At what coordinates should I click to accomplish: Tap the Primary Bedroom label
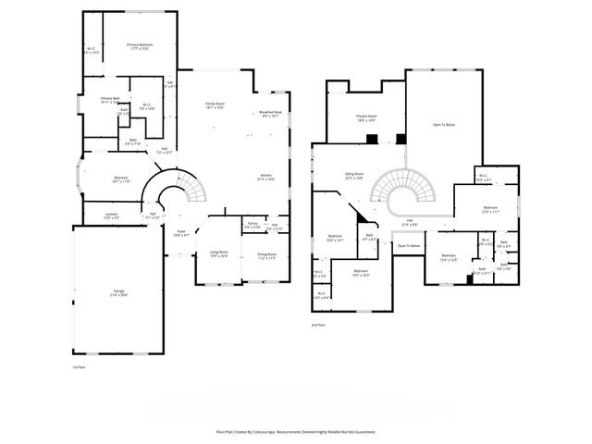coord(140,46)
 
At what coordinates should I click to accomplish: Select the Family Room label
coord(216,105)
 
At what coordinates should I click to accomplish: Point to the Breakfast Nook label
coord(271,115)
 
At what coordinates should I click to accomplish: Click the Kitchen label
coord(265,178)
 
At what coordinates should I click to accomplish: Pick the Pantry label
coord(252,225)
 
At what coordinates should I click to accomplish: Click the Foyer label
coord(181,233)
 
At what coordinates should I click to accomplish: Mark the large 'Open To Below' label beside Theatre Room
coord(444,124)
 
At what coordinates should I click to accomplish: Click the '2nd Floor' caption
coord(319,325)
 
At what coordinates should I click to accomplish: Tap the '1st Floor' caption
coord(79,366)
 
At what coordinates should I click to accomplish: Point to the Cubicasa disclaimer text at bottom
coord(295,431)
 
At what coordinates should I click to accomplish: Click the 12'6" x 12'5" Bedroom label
coord(450,258)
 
